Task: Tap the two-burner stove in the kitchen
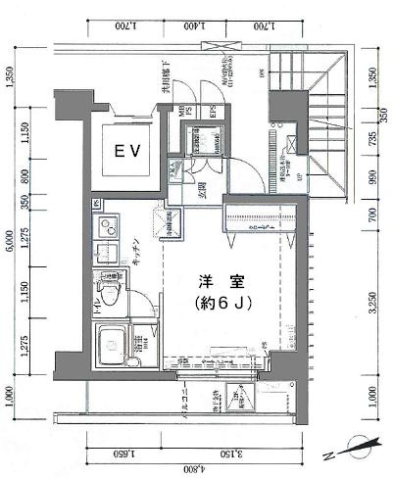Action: pyautogui.click(x=105, y=230)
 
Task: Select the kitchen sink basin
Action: pyautogui.click(x=105, y=258)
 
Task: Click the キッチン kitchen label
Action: pyautogui.click(x=138, y=254)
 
